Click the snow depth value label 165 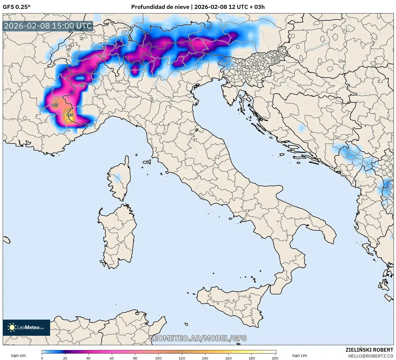(x=70, y=115)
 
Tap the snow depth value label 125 (x=55, y=105)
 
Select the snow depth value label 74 (x=100, y=56)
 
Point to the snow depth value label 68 (x=82, y=86)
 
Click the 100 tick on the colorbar (x=158, y=358)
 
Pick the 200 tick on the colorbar (x=275, y=358)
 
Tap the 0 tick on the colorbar (x=42, y=358)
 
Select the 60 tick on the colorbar (x=112, y=358)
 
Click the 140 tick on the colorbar (x=205, y=358)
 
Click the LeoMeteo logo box (x=26, y=327)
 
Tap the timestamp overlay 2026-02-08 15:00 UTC (x=48, y=26)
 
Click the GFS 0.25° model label (x=16, y=7)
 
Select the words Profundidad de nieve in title (x=160, y=7)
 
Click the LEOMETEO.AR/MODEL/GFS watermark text (x=198, y=338)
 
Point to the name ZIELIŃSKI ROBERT (x=369, y=350)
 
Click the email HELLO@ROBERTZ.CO (x=370, y=356)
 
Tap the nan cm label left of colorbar (x=18, y=356)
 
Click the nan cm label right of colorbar (x=300, y=356)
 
